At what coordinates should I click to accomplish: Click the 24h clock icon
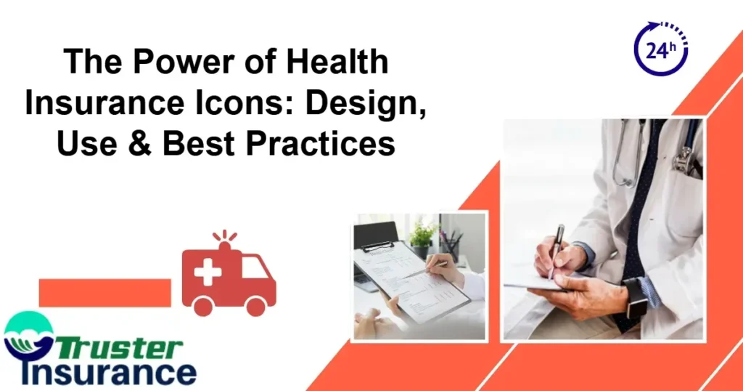point(660,49)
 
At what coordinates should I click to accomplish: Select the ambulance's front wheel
point(256,306)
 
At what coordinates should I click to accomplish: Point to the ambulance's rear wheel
point(202,306)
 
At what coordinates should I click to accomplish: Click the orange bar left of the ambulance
point(104,292)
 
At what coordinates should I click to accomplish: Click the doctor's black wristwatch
point(636,297)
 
